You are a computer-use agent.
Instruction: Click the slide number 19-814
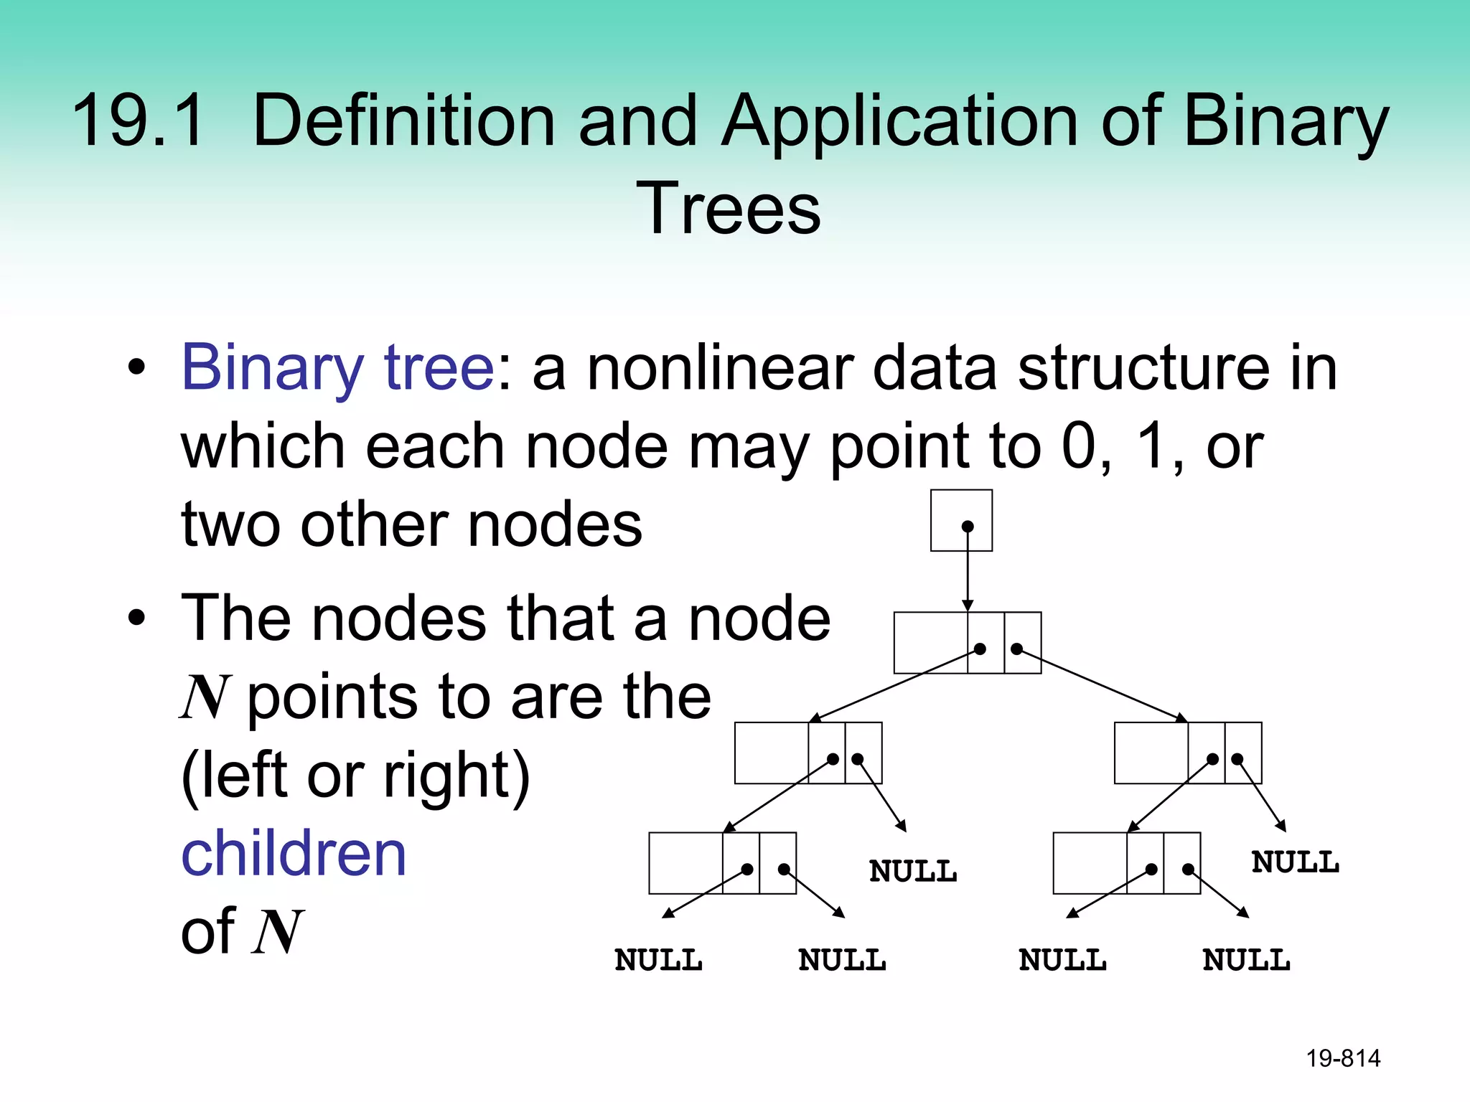click(1342, 1058)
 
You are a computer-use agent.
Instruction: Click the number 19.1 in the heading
click(139, 121)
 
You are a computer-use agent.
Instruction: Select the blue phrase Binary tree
click(337, 367)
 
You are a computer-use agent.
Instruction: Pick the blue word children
click(294, 854)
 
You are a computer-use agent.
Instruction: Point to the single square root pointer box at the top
click(961, 520)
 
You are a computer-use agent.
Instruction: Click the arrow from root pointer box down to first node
click(968, 574)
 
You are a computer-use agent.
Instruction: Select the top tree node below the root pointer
click(967, 643)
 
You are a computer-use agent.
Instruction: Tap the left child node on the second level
click(807, 753)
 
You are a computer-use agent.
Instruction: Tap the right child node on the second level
click(1187, 753)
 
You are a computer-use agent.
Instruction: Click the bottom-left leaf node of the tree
click(722, 863)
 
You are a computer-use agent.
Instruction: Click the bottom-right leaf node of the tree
click(1126, 863)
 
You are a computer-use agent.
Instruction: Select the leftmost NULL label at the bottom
click(658, 960)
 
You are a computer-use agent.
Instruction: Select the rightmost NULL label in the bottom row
click(1246, 960)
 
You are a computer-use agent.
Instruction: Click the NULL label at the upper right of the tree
click(1295, 862)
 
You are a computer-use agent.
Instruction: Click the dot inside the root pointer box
click(968, 527)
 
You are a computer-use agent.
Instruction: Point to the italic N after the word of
click(278, 932)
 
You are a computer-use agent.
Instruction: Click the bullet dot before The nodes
click(136, 618)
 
